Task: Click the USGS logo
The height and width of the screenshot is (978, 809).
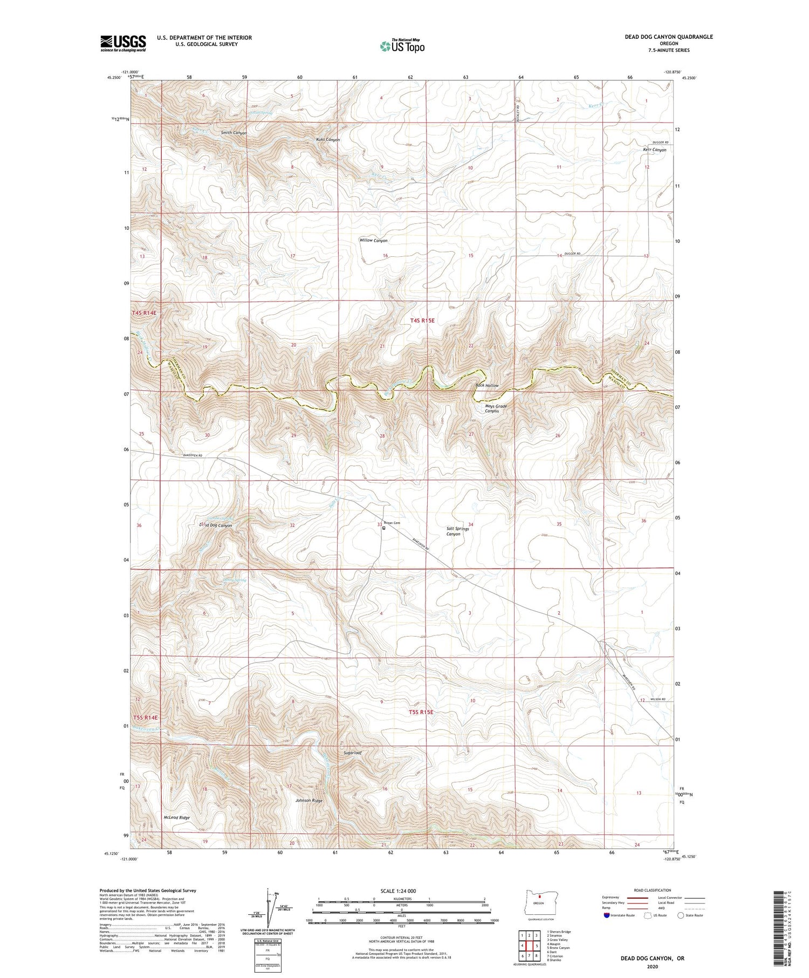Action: (x=123, y=43)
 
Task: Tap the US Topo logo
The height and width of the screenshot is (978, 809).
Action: (x=402, y=46)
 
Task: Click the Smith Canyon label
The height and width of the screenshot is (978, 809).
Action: (x=234, y=133)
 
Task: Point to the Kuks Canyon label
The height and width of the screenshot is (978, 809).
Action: (x=328, y=140)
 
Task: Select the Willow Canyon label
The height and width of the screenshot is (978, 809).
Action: (x=373, y=241)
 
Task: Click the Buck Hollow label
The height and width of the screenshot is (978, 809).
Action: (x=487, y=386)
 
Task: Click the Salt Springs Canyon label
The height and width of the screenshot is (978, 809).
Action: (x=457, y=531)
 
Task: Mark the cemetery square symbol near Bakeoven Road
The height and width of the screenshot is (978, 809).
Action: (x=384, y=528)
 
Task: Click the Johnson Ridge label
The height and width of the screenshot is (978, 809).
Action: (x=309, y=801)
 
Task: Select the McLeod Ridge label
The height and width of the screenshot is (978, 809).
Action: (x=177, y=818)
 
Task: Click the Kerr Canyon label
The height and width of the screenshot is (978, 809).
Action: (x=654, y=150)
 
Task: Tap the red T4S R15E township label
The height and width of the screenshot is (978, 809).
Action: (x=422, y=320)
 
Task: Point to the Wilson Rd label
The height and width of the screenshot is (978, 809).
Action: (x=658, y=700)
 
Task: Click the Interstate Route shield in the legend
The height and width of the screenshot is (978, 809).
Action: (x=606, y=915)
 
